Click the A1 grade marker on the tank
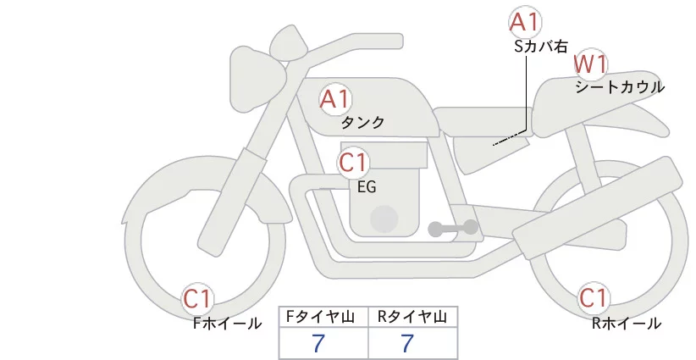click(335, 99)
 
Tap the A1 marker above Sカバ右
click(525, 22)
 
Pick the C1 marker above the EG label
click(353, 163)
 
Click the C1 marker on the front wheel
click(197, 298)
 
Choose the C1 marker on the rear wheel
click(593, 298)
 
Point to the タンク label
click(362, 123)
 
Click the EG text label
click(367, 187)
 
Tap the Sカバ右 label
click(541, 47)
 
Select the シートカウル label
click(620, 87)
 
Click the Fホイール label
click(227, 324)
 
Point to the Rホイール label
click(627, 324)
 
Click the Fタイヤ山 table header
click(320, 317)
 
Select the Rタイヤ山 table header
click(412, 317)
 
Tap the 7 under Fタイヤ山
click(318, 343)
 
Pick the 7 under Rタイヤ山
click(407, 343)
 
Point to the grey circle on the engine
click(384, 219)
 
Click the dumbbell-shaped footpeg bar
click(453, 228)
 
